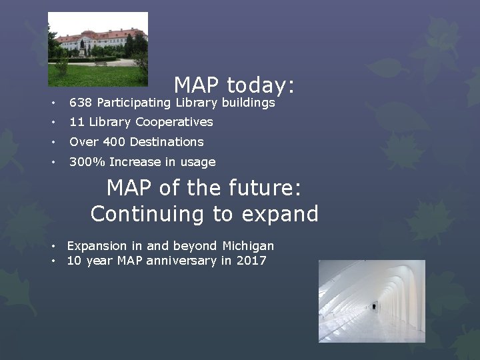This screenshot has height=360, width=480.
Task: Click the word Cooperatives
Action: click(174, 122)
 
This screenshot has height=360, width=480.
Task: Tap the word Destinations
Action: click(167, 142)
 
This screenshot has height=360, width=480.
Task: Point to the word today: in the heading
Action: click(261, 85)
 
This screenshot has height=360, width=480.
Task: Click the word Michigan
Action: click(247, 246)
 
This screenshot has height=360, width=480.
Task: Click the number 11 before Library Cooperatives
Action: click(77, 122)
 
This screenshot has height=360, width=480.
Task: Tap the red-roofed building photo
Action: click(98, 49)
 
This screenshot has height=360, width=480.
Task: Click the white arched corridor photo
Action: click(371, 301)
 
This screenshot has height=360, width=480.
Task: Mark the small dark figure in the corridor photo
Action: click(374, 306)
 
